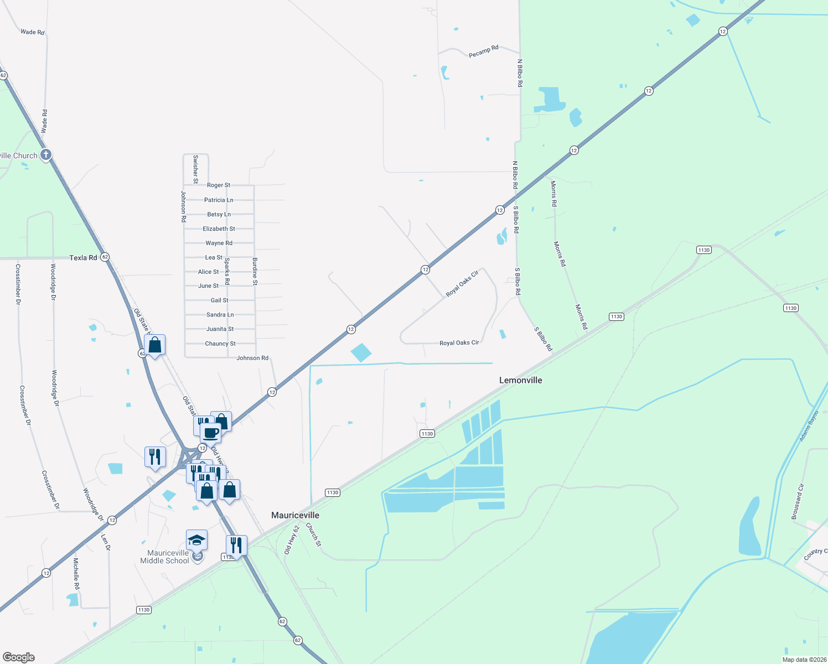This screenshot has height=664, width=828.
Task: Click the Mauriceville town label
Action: pos(295,515)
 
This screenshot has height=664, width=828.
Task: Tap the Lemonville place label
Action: pos(520,380)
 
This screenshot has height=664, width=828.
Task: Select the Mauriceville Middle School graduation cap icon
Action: pos(196,539)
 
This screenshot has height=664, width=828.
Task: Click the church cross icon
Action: pos(46,155)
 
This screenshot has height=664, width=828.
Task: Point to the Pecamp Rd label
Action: pos(483,51)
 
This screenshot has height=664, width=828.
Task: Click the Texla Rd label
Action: pos(83,258)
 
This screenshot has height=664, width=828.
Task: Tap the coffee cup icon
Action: pos(211,432)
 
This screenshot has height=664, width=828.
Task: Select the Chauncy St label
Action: pos(220,344)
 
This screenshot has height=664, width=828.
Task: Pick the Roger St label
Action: pos(219,185)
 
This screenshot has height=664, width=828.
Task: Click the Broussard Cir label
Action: pos(798,501)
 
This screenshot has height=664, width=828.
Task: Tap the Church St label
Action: pos(313,535)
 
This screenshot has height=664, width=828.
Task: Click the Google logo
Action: pos(19,657)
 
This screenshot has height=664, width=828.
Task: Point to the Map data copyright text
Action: pos(803,660)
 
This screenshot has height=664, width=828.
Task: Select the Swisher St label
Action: pos(195,169)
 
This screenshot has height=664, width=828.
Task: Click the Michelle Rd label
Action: pos(76,573)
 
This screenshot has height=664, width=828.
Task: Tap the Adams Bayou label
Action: pos(809,426)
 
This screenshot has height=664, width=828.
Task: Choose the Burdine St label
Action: pos(255,271)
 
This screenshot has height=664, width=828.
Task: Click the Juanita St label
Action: pos(220,329)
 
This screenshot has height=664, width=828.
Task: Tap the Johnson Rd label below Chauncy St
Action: pos(252,358)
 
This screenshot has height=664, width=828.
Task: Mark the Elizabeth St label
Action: pos(219,229)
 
